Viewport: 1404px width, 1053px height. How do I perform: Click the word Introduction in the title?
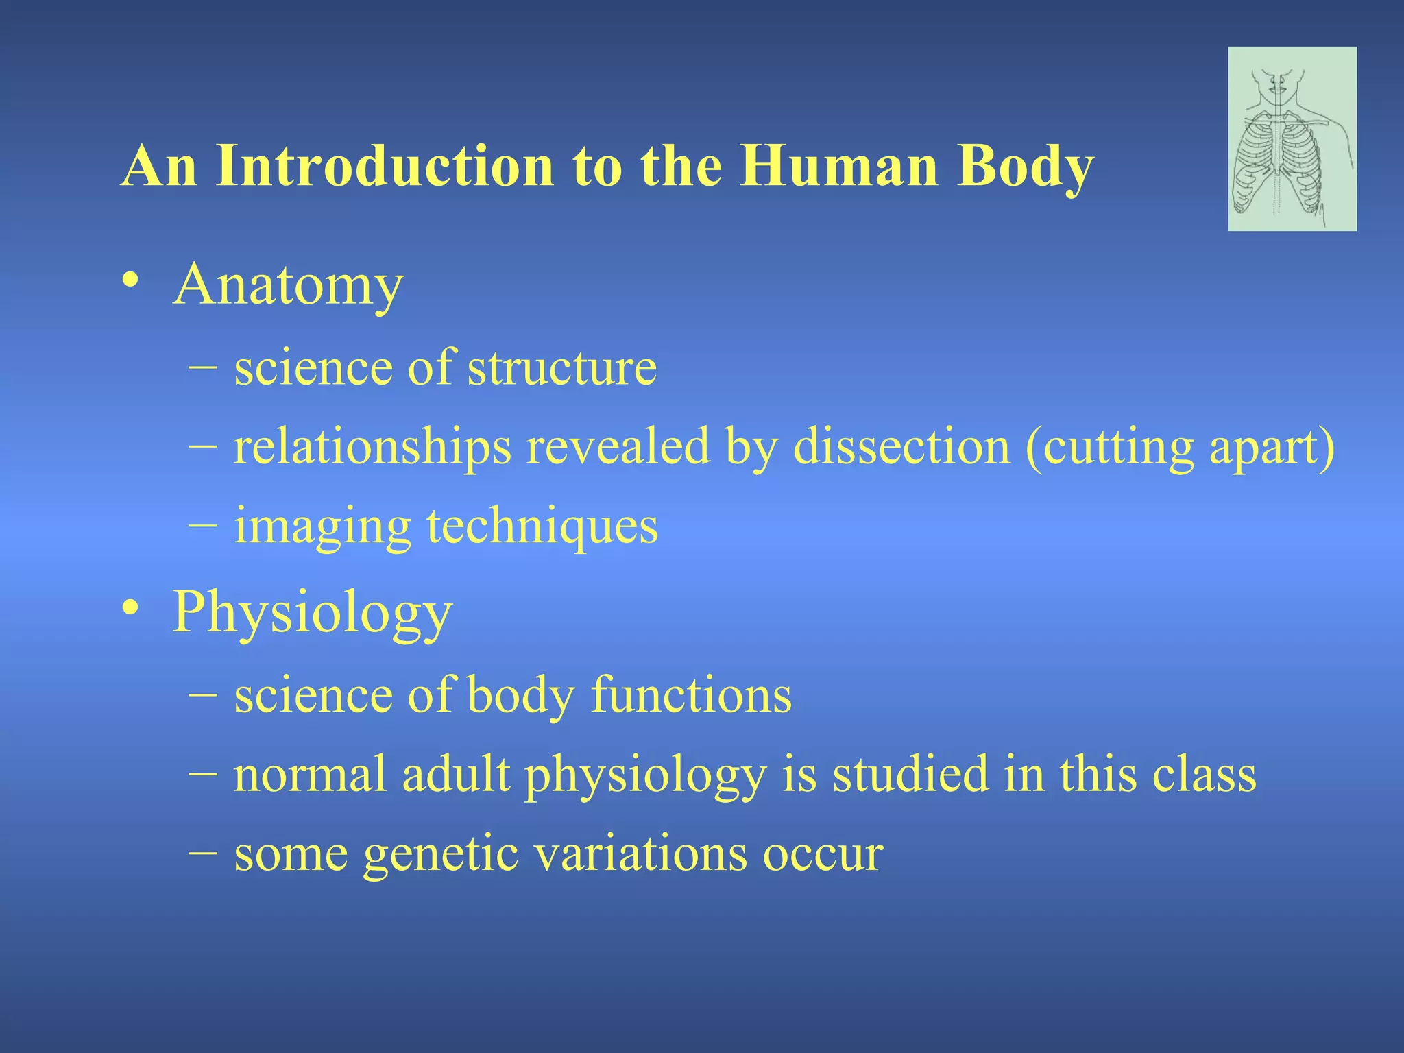click(x=384, y=167)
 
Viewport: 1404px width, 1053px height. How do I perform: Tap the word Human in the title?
click(x=838, y=167)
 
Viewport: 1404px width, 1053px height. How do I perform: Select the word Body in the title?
click(x=1024, y=167)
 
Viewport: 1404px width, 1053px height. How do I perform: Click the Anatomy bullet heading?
click(x=288, y=285)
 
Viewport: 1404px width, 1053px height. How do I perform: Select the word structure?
click(x=561, y=368)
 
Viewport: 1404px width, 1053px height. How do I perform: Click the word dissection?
click(x=901, y=447)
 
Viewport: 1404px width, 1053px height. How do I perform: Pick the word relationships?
click(x=372, y=447)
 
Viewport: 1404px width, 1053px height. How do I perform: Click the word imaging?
click(x=322, y=526)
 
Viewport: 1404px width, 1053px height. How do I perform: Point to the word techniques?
click(x=542, y=526)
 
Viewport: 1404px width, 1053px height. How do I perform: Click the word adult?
click(x=456, y=775)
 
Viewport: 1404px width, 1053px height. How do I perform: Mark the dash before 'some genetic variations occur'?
click(x=202, y=854)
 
